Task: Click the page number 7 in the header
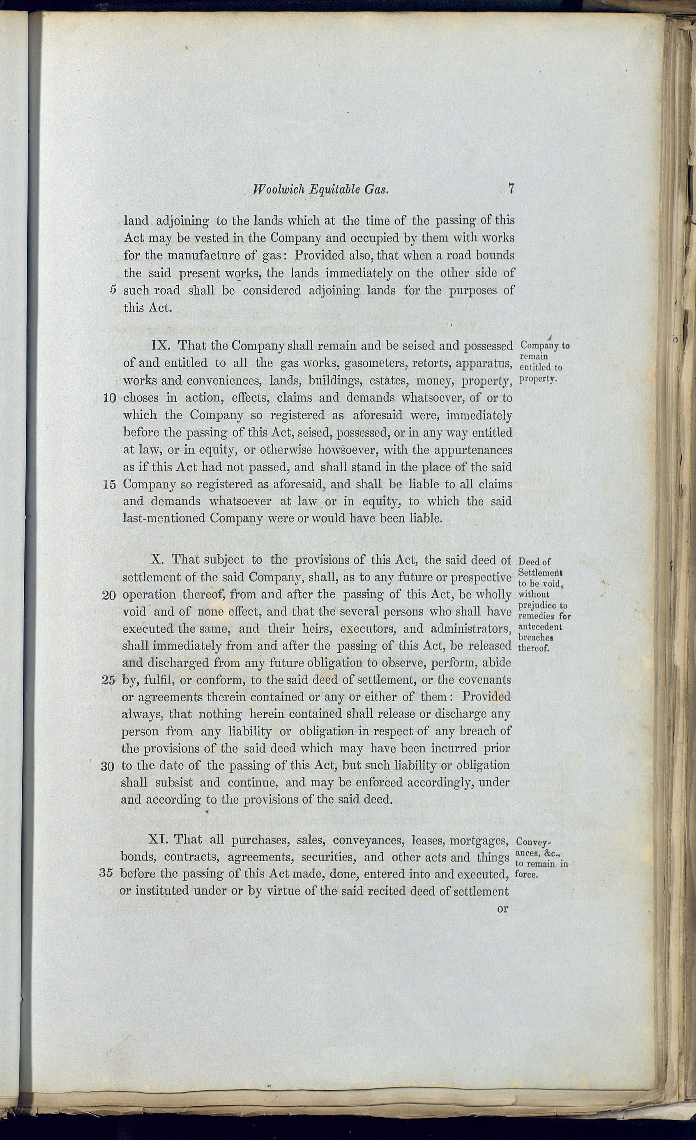click(x=511, y=189)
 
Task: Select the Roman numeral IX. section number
click(x=162, y=346)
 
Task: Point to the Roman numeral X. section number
click(x=158, y=560)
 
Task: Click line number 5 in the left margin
click(x=113, y=290)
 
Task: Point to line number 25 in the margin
click(x=108, y=680)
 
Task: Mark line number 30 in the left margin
click(x=107, y=767)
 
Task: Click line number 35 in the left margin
click(x=106, y=874)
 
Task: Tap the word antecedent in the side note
click(x=540, y=627)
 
